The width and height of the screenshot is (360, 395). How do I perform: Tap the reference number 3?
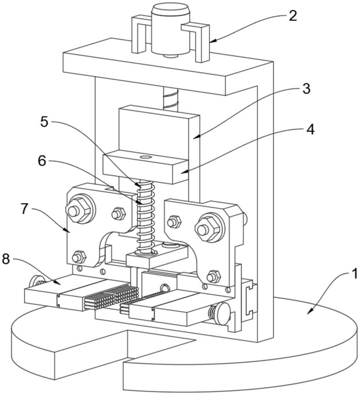click(306, 89)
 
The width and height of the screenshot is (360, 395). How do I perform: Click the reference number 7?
click(24, 209)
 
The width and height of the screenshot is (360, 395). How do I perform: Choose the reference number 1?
click(354, 274)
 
